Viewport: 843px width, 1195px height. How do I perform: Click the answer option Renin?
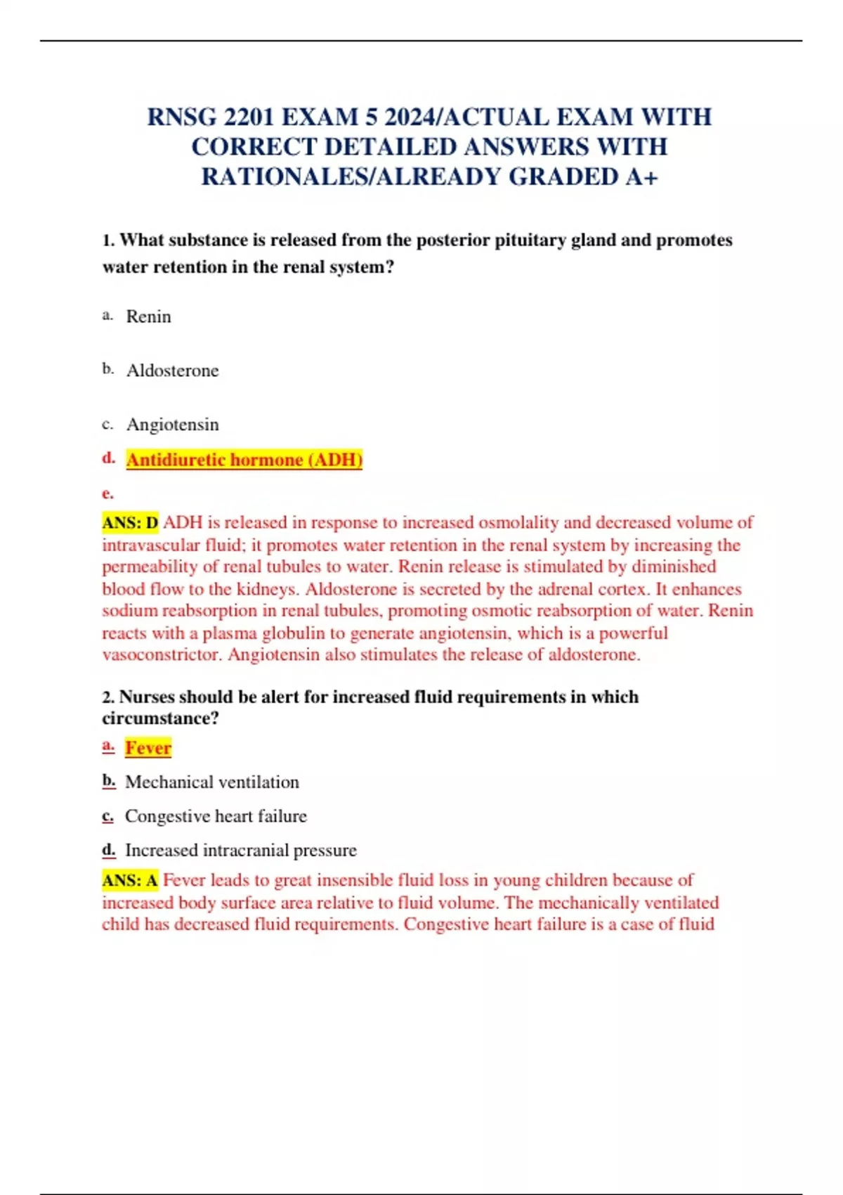(148, 316)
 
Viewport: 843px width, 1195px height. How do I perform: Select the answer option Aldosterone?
(172, 370)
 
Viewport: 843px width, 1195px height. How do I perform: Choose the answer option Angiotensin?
(172, 425)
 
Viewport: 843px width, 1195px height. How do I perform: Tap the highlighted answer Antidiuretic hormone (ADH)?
(244, 460)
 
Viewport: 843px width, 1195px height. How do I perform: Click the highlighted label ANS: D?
(130, 523)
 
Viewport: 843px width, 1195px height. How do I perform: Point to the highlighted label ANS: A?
(130, 880)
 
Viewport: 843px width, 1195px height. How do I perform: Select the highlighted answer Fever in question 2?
(148, 748)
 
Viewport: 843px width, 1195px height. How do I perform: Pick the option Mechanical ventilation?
(211, 782)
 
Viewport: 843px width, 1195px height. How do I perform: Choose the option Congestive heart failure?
(216, 816)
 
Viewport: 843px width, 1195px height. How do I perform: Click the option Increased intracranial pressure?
(240, 851)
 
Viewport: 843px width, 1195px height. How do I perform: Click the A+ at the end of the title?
(641, 176)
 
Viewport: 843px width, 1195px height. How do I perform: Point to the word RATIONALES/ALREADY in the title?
(351, 176)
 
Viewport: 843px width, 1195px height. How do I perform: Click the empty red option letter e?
(107, 493)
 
